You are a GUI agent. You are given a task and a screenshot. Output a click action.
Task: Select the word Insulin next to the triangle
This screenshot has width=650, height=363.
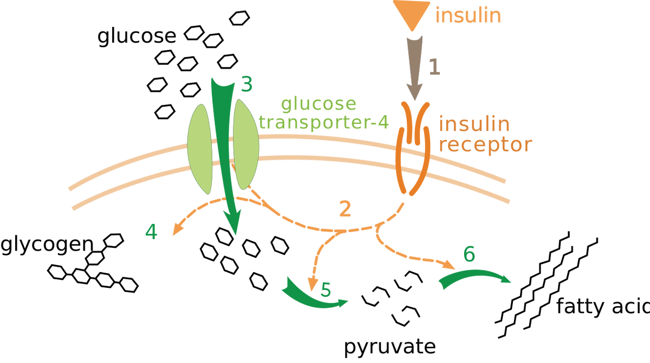click(469, 15)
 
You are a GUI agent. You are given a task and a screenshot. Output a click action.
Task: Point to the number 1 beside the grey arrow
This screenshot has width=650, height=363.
click(434, 67)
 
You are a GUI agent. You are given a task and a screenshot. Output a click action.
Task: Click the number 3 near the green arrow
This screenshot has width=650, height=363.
click(246, 84)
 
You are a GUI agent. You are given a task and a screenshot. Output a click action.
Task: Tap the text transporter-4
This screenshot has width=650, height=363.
click(324, 122)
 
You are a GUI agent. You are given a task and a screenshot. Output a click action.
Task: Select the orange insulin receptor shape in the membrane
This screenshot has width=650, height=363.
click(414, 149)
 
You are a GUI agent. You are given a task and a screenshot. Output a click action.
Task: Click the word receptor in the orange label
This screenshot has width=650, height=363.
click(485, 144)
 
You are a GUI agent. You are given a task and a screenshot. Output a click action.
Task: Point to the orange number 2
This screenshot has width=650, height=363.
click(345, 209)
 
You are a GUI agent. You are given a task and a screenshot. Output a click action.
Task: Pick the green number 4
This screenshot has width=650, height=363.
click(152, 232)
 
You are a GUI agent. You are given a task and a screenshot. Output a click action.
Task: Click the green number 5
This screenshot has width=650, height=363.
click(325, 291)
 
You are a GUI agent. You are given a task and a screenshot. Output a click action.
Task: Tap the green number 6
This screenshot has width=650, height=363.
click(469, 254)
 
